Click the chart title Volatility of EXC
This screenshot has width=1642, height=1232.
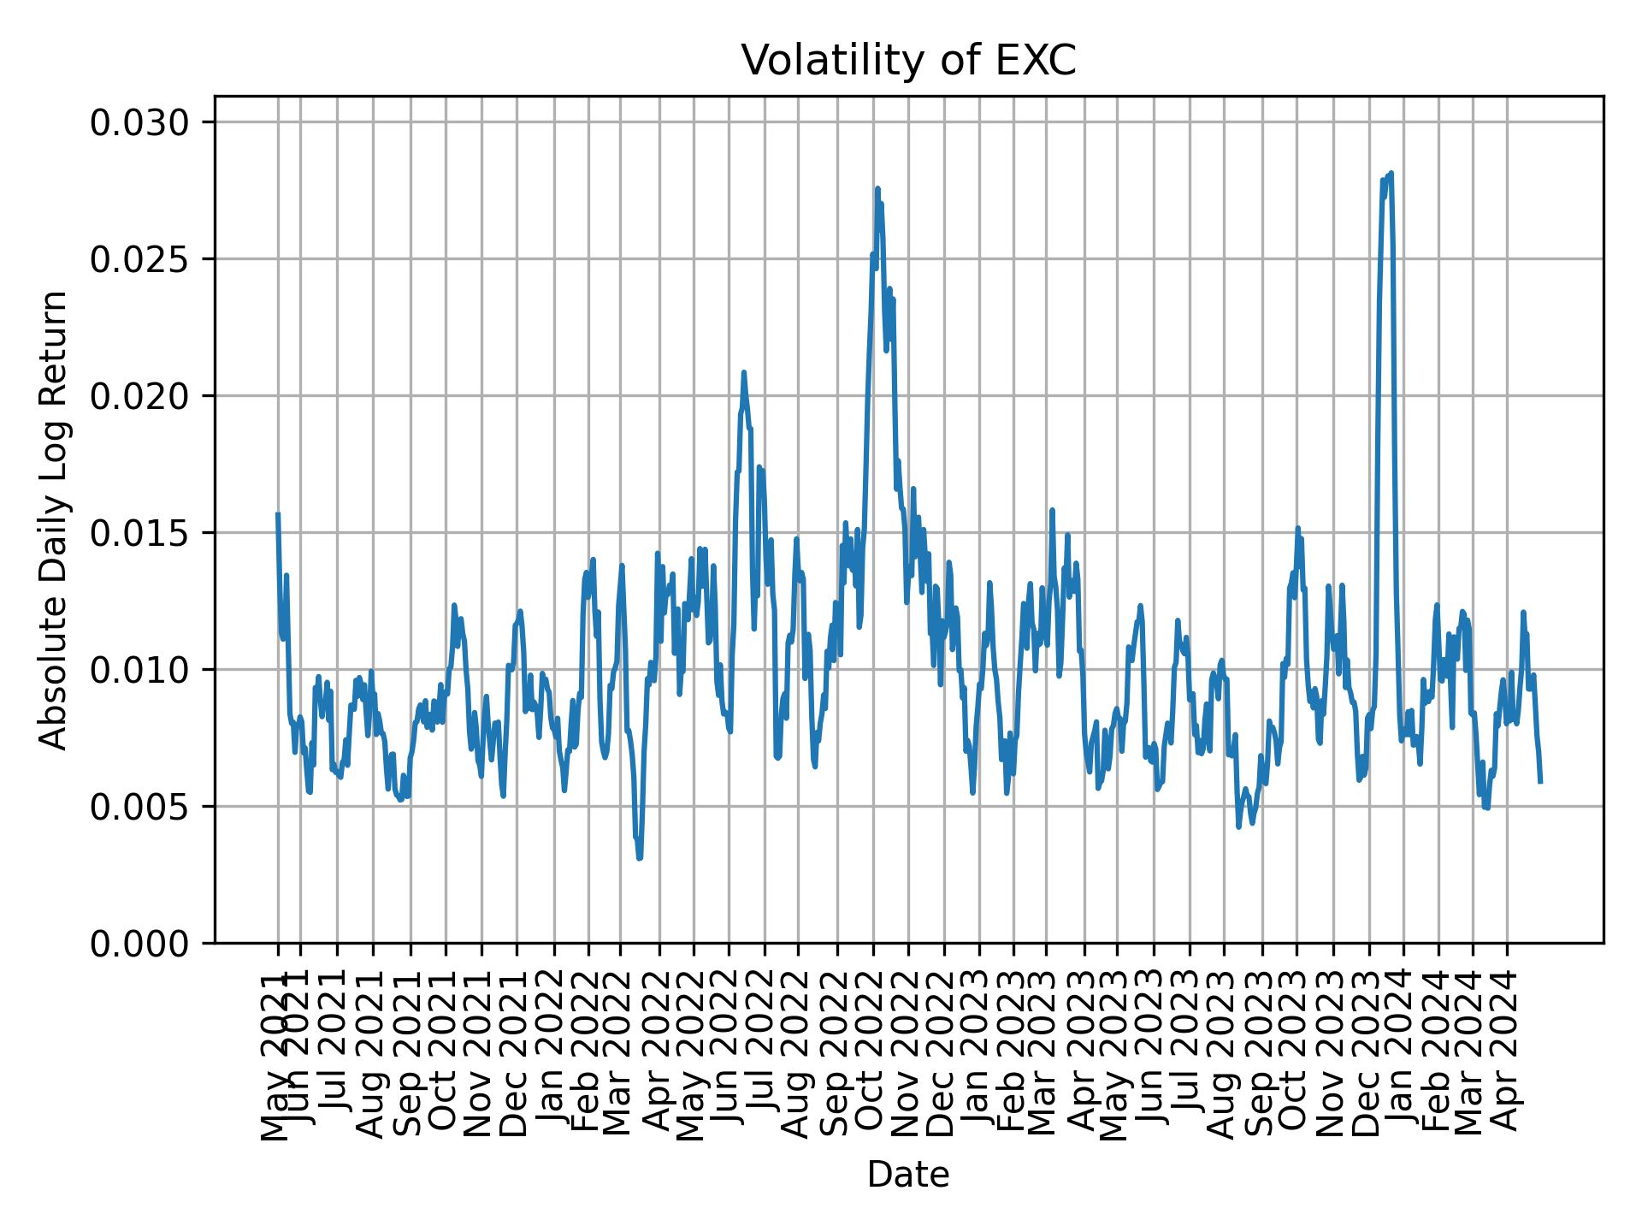(908, 61)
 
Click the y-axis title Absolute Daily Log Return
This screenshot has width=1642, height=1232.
(55, 519)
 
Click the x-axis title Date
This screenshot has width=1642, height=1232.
(908, 1176)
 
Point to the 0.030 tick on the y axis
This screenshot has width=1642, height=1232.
(139, 123)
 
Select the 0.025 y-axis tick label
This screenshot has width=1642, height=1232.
(139, 259)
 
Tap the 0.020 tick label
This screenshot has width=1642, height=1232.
(139, 396)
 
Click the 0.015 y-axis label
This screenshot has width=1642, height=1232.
(139, 533)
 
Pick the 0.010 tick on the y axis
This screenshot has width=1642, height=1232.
(139, 670)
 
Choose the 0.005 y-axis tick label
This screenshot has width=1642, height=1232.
(139, 806)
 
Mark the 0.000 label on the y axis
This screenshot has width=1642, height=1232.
(139, 943)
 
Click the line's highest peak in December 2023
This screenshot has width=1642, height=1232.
(1391, 174)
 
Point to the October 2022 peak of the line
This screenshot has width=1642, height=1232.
(877, 188)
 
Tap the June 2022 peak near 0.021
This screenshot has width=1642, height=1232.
(744, 372)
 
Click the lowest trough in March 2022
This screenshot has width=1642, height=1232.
(640, 858)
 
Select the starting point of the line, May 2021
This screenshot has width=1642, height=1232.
(278, 513)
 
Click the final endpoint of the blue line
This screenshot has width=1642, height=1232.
(1540, 781)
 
